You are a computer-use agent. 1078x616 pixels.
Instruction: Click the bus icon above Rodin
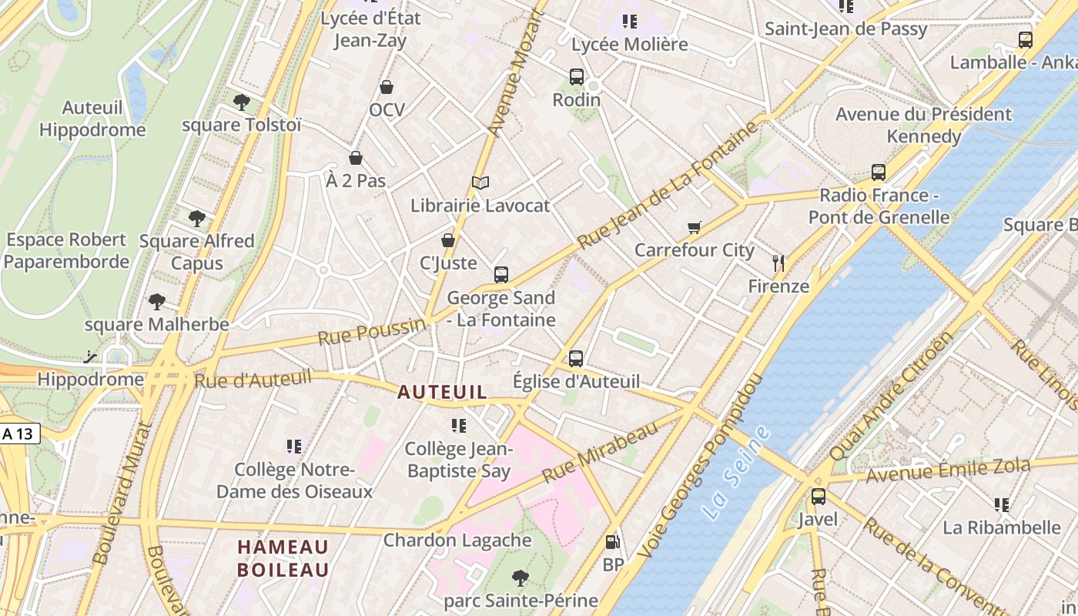tap(576, 77)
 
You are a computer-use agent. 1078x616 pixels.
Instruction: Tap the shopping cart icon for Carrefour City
tap(694, 227)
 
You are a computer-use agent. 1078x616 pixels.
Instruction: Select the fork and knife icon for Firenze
tap(778, 263)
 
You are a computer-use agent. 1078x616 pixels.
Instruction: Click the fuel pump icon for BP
tap(612, 543)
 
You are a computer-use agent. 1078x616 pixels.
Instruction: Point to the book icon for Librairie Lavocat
tap(480, 182)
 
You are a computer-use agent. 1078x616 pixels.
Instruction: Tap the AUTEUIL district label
tap(442, 392)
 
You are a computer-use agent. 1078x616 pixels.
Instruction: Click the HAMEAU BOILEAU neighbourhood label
tap(283, 558)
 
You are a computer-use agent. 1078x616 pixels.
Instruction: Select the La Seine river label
tap(737, 472)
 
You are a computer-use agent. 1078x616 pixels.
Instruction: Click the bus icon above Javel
tap(818, 497)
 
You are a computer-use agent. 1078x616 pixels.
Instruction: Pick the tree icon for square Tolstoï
tap(241, 102)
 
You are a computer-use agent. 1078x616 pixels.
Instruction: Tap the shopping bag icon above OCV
tap(387, 87)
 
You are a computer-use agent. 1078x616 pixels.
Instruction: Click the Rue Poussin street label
tap(371, 332)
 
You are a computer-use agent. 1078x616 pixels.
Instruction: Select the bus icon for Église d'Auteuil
tap(576, 358)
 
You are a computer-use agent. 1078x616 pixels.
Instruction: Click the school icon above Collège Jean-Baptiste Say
tap(459, 425)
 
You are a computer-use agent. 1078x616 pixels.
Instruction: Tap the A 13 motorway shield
tap(18, 434)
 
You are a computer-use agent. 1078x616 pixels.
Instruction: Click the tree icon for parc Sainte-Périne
tap(521, 577)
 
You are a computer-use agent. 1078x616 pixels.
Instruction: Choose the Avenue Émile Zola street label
tap(948, 470)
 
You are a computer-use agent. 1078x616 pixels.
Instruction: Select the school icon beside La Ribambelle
tap(1001, 505)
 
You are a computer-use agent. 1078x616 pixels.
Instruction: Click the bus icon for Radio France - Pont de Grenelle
tap(879, 172)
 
